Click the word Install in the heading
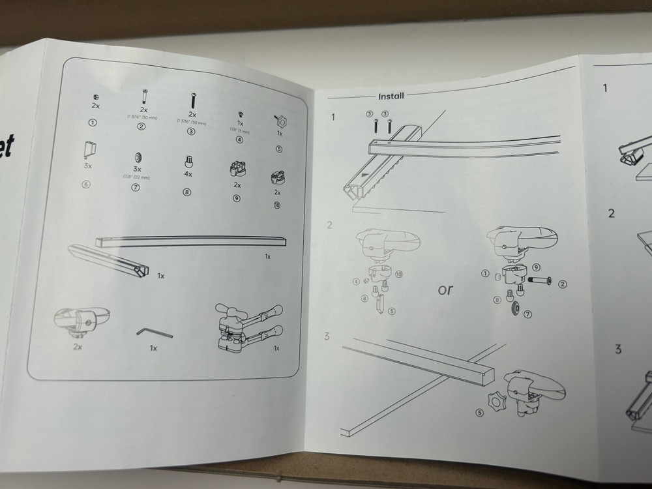click(x=391, y=96)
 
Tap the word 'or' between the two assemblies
click(x=445, y=289)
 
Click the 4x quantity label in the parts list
click(x=188, y=175)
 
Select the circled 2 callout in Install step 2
click(x=563, y=283)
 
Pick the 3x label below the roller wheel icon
click(x=136, y=170)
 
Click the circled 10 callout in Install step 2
click(x=399, y=273)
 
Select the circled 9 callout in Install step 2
click(x=536, y=267)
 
